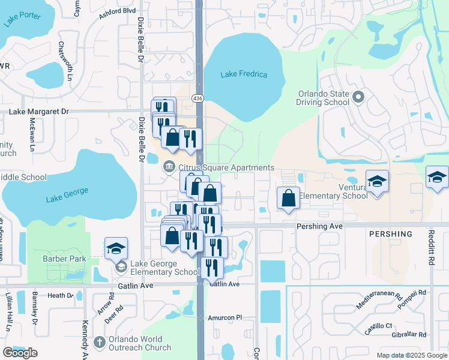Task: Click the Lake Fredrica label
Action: [x=244, y=74]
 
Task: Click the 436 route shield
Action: [x=197, y=97]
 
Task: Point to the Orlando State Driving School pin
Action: [x=359, y=97]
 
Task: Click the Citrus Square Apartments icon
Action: [x=169, y=167]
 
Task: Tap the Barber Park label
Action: [x=64, y=259]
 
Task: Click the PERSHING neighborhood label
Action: [x=391, y=234]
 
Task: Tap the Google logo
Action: [x=20, y=353]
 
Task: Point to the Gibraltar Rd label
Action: [x=405, y=335]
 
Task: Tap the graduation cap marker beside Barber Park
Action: [x=116, y=248]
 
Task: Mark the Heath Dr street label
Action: [x=60, y=295]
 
